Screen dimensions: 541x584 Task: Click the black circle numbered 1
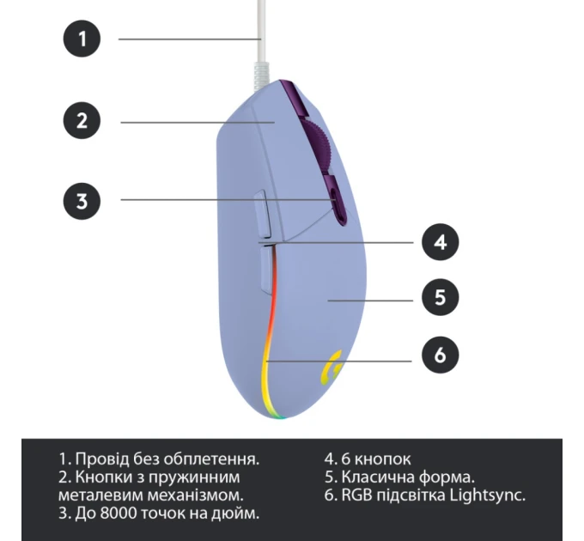tap(82, 39)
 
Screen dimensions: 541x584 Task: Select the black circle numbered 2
tap(82, 121)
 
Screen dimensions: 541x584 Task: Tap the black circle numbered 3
tap(82, 201)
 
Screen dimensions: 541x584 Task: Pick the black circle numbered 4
tap(440, 242)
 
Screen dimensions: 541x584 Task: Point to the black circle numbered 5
tap(440, 298)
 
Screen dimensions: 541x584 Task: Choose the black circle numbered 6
tap(440, 355)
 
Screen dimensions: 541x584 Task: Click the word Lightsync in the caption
tap(488, 495)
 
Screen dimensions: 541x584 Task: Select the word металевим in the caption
tap(95, 495)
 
